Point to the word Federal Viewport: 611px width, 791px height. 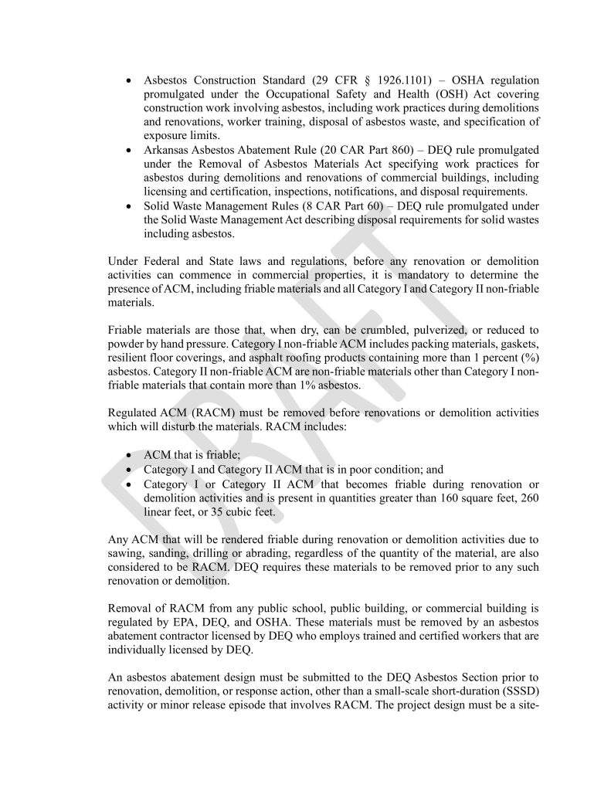point(165,261)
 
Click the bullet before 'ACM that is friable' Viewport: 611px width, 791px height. point(129,456)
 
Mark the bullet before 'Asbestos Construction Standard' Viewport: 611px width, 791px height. point(129,80)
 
